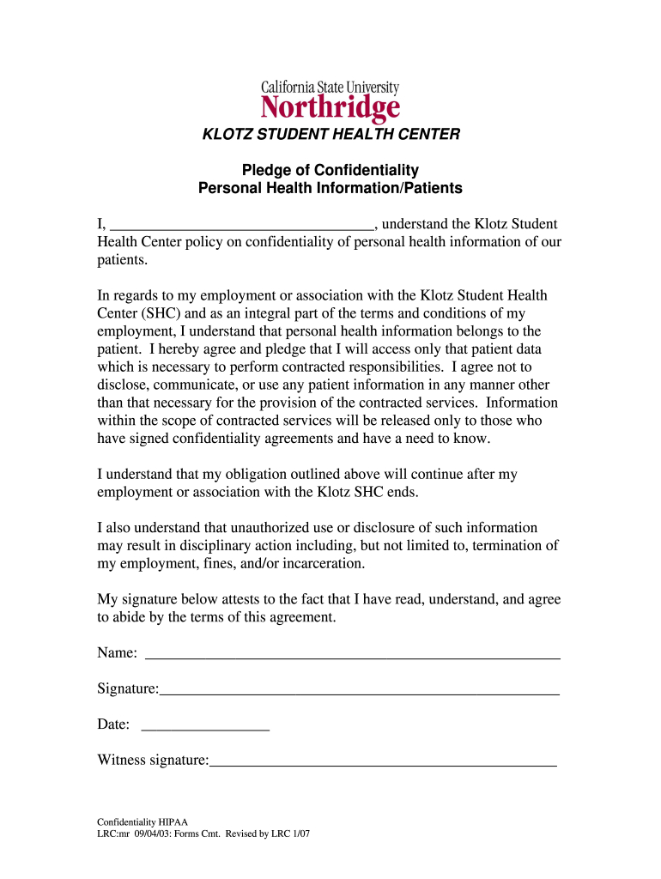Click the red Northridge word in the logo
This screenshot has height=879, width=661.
(x=330, y=108)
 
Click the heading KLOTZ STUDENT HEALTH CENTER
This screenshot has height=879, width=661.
(x=330, y=135)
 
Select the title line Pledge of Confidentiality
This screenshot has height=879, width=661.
(x=330, y=170)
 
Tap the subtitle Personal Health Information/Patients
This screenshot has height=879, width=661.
(x=330, y=188)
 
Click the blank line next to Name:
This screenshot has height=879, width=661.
(x=353, y=656)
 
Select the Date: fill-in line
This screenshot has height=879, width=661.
(x=204, y=727)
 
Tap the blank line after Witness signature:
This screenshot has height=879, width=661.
(x=383, y=761)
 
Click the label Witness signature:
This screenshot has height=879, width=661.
(x=153, y=760)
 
